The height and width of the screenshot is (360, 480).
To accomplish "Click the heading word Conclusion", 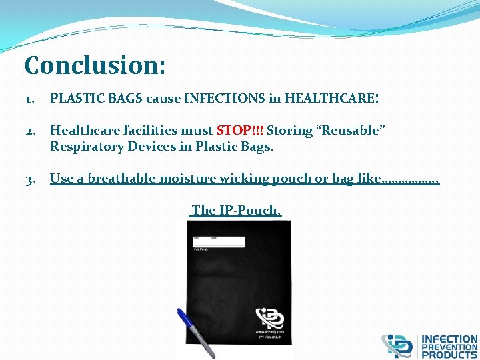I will click(95, 66).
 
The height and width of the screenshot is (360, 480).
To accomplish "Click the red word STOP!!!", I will click(240, 131).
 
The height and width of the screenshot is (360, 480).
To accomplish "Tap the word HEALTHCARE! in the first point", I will click(331, 99).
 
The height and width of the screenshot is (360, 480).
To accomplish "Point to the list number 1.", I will click(31, 99).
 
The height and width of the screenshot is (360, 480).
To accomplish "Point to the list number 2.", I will click(31, 131).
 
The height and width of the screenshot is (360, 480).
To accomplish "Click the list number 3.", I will click(31, 179).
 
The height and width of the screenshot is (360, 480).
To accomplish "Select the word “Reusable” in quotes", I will click(351, 131).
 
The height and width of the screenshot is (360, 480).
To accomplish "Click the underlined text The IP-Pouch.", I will click(236, 211).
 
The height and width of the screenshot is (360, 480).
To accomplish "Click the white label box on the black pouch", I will click(219, 241).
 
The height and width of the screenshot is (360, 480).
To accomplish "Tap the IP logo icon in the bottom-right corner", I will click(397, 346).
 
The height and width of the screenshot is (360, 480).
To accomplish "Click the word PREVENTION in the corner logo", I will click(449, 347).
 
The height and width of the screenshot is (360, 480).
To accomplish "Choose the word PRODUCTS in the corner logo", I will click(449, 355).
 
